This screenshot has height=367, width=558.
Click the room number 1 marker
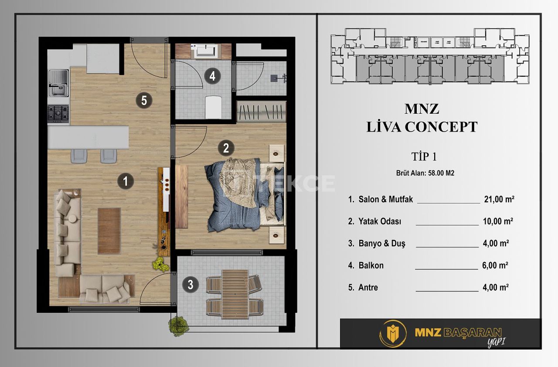click(x=126, y=181)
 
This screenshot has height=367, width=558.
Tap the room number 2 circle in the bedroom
click(x=225, y=148)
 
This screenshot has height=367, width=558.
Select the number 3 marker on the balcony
click(x=191, y=285)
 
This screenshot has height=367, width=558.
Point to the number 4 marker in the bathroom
click(x=212, y=76)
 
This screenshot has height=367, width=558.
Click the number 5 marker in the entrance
click(x=144, y=101)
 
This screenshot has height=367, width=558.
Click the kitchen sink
click(x=58, y=84)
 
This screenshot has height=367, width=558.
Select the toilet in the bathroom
click(x=213, y=106)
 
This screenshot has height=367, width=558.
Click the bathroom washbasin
click(x=205, y=51)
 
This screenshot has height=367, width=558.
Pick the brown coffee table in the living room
click(x=109, y=231)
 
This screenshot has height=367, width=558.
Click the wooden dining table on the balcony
click(x=235, y=294)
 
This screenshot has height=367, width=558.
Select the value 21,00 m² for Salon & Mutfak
click(x=499, y=199)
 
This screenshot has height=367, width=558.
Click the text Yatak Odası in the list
click(x=380, y=221)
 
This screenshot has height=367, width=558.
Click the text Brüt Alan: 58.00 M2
click(x=425, y=173)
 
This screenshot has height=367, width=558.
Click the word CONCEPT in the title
click(x=441, y=127)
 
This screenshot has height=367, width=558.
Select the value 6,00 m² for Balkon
click(x=496, y=265)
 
